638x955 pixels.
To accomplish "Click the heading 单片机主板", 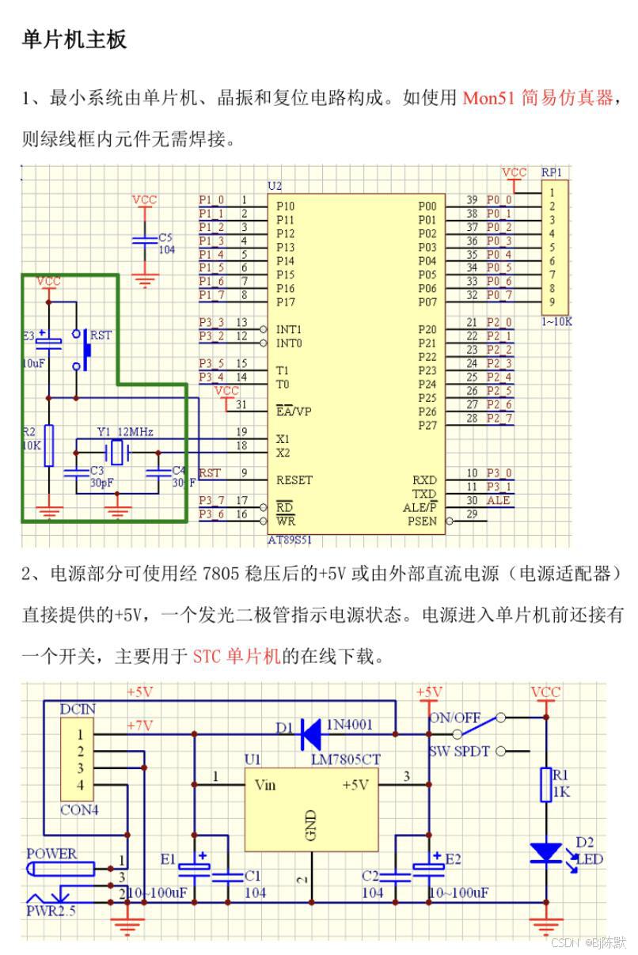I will [74, 40].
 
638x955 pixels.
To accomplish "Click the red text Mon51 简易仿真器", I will [537, 98].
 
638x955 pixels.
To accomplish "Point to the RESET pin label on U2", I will [294, 479].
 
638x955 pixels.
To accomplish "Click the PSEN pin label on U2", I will [421, 521].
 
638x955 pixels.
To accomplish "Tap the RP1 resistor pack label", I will [552, 172].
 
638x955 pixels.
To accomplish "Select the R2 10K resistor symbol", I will [49, 445].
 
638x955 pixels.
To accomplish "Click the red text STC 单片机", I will [237, 656].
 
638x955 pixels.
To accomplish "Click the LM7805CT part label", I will [346, 760].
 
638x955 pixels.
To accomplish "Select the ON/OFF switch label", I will [454, 718].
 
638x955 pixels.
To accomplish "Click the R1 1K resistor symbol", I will [545, 785].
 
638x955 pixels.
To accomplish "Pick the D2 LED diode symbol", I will [545, 853].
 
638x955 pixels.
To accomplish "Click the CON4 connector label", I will [80, 810].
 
